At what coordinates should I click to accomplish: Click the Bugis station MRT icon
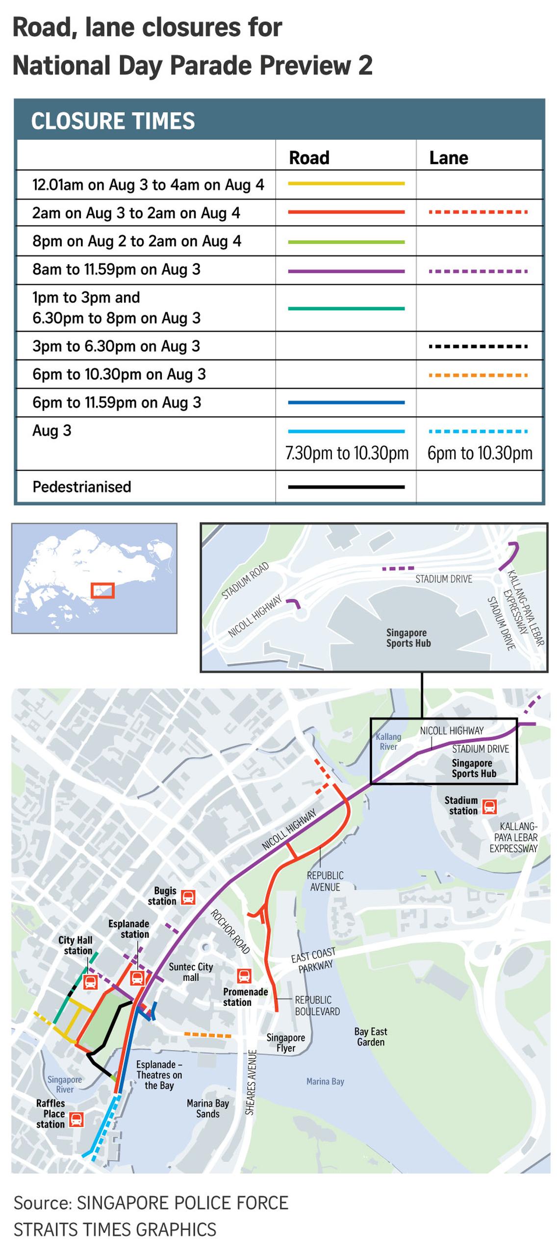click(x=188, y=897)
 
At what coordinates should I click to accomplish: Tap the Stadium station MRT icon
click(x=489, y=806)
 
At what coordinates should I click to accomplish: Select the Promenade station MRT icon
click(x=244, y=976)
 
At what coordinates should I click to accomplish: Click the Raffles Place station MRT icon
click(x=76, y=1119)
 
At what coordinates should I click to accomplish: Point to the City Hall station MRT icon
click(x=90, y=981)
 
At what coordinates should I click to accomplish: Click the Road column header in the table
click(x=309, y=158)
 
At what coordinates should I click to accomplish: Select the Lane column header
click(x=448, y=158)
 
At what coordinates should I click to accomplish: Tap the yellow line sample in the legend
click(x=346, y=184)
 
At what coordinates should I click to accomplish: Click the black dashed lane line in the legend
click(x=478, y=347)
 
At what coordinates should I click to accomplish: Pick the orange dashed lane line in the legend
click(x=478, y=375)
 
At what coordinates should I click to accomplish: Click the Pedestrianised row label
click(x=81, y=487)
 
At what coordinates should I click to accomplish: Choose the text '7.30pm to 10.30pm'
click(x=347, y=453)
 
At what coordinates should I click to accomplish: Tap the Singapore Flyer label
click(x=285, y=1043)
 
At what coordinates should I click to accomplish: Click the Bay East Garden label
click(x=371, y=1037)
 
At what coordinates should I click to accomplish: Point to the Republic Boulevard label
click(x=317, y=1005)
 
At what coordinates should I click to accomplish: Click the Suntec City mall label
click(x=191, y=972)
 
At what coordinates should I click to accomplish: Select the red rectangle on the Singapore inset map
click(x=102, y=590)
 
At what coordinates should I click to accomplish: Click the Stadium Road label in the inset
click(x=245, y=580)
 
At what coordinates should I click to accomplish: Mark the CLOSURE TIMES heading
click(x=113, y=121)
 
